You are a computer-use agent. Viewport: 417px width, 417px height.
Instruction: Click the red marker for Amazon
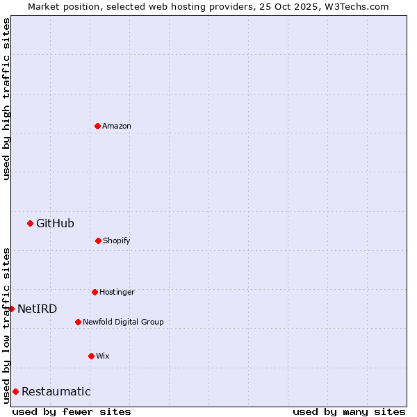click(97, 126)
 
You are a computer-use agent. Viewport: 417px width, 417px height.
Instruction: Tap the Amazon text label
click(117, 126)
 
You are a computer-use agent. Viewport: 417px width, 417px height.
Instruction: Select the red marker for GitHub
click(30, 223)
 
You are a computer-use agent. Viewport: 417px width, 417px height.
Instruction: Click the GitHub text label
click(55, 223)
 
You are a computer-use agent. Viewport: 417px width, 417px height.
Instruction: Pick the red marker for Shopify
click(98, 240)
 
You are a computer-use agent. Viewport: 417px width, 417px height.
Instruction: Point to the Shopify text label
click(117, 241)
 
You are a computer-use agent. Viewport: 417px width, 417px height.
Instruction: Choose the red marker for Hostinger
click(95, 292)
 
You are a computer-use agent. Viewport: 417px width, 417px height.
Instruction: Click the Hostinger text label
click(117, 293)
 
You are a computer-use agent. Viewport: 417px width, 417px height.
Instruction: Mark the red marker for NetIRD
click(11, 309)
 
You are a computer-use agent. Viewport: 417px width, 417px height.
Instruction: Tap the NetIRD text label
click(38, 309)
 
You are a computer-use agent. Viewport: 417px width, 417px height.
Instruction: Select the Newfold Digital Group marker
click(78, 322)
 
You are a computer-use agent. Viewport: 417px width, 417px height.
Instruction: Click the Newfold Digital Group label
click(123, 322)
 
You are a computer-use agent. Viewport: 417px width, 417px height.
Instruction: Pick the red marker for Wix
click(91, 356)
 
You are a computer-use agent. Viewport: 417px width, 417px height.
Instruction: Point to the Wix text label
click(103, 357)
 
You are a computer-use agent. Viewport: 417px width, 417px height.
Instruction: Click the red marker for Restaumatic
click(15, 391)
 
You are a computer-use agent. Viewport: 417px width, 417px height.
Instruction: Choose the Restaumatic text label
click(56, 392)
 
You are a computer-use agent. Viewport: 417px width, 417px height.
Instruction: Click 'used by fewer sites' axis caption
click(72, 411)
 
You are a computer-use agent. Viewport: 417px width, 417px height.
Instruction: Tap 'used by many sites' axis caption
click(349, 411)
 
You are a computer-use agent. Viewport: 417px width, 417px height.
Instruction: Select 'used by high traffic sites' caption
click(6, 99)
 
